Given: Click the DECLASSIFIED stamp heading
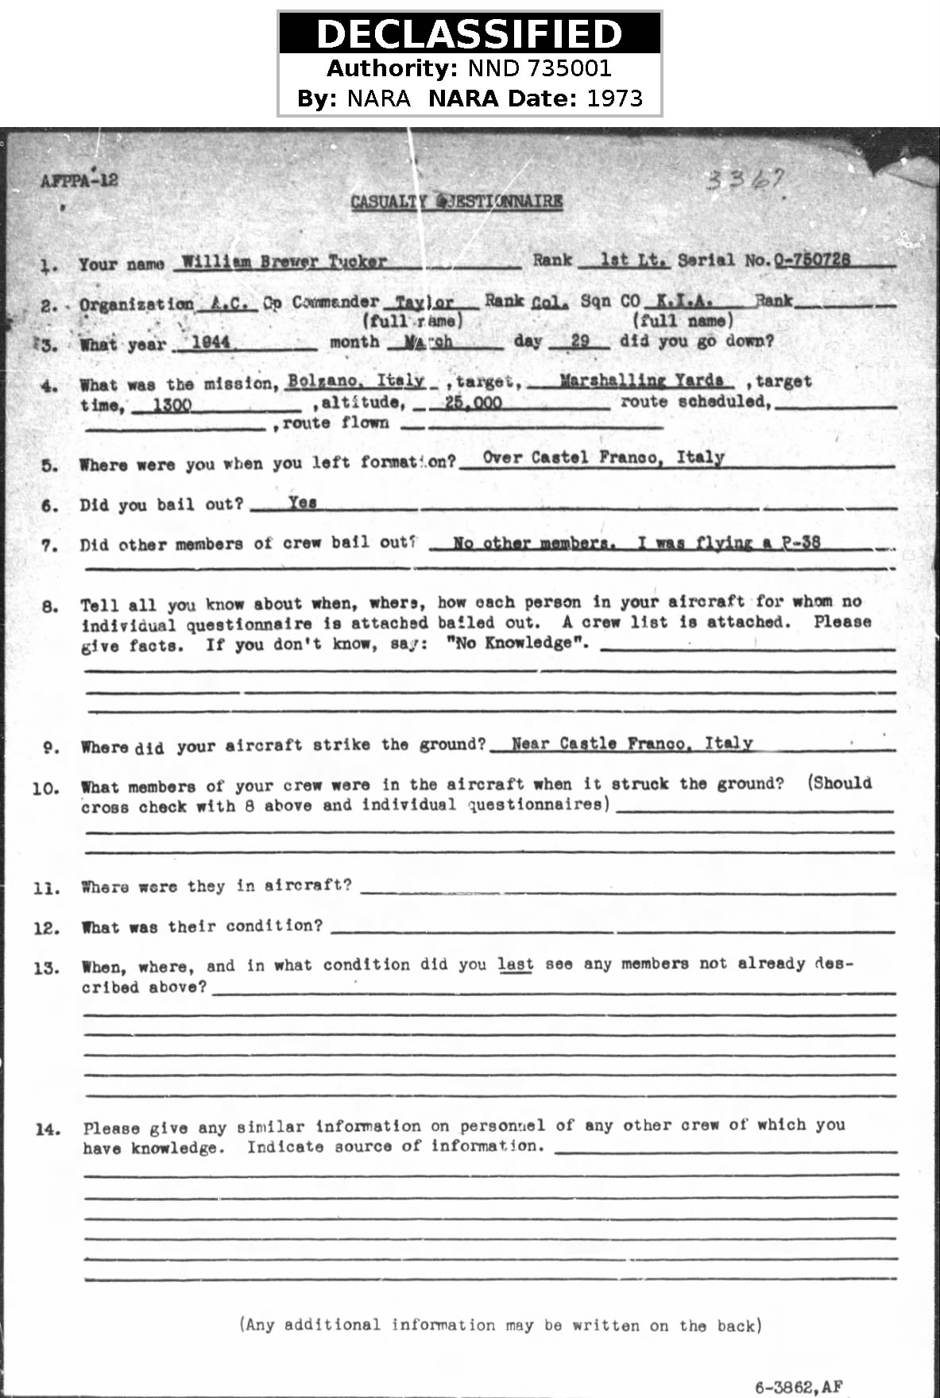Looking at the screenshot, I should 469,34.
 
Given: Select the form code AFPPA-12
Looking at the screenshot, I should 79,180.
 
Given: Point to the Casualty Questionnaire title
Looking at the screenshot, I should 457,202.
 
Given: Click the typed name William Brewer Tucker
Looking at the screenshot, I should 284,261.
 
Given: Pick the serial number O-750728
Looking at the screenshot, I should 812,259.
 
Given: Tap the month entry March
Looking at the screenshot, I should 428,342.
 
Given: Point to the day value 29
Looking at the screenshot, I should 580,341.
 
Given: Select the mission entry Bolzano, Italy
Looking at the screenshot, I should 356,380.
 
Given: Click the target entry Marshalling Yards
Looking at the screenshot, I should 641,380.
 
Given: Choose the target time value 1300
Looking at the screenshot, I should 172,405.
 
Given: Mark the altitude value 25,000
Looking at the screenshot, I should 473,403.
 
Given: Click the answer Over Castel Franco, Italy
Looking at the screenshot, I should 603,458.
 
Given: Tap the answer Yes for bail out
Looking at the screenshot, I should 303,503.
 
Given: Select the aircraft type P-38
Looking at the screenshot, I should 800,543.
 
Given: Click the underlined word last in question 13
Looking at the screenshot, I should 515,964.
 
